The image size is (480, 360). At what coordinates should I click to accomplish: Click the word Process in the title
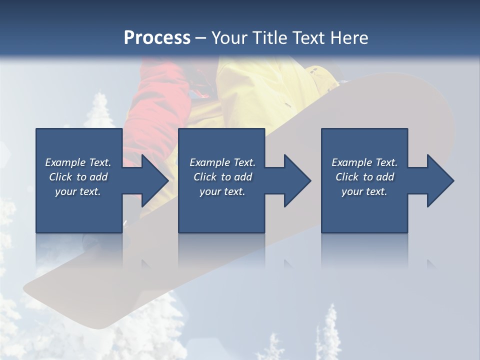(157, 37)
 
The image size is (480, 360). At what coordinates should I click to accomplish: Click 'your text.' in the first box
(78, 191)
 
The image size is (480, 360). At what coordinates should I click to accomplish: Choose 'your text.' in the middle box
(222, 191)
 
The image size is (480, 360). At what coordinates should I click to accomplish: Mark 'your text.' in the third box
(364, 191)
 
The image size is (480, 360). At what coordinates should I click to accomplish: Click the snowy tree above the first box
(100, 112)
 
